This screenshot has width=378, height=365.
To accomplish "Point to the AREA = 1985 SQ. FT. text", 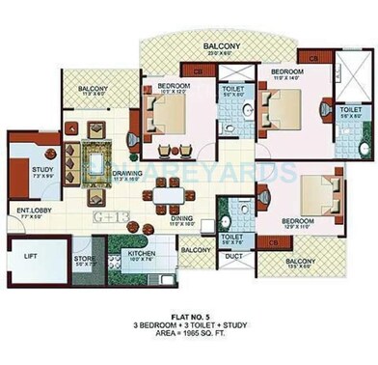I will tap(189, 338).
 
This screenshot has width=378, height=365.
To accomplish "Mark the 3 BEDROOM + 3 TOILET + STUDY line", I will tap(189, 328).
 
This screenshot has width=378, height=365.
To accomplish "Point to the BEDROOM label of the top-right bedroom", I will tap(287, 73).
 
